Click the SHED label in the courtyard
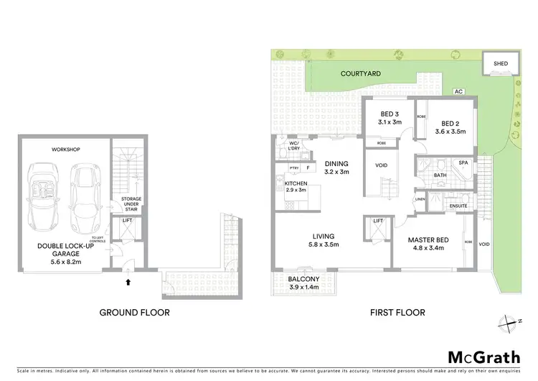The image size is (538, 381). pyautogui.click(x=501, y=63)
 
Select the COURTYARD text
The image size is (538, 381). pyautogui.click(x=340, y=73)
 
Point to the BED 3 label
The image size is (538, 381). pyautogui.click(x=390, y=114)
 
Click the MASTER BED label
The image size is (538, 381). pyautogui.click(x=429, y=239)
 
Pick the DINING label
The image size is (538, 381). pyautogui.click(x=336, y=163)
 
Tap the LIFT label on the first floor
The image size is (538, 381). pyautogui.click(x=378, y=221)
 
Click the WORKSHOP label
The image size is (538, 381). pyautogui.click(x=65, y=150)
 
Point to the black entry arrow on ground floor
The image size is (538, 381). pyautogui.click(x=128, y=283)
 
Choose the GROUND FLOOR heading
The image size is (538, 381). pyautogui.click(x=135, y=313)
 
